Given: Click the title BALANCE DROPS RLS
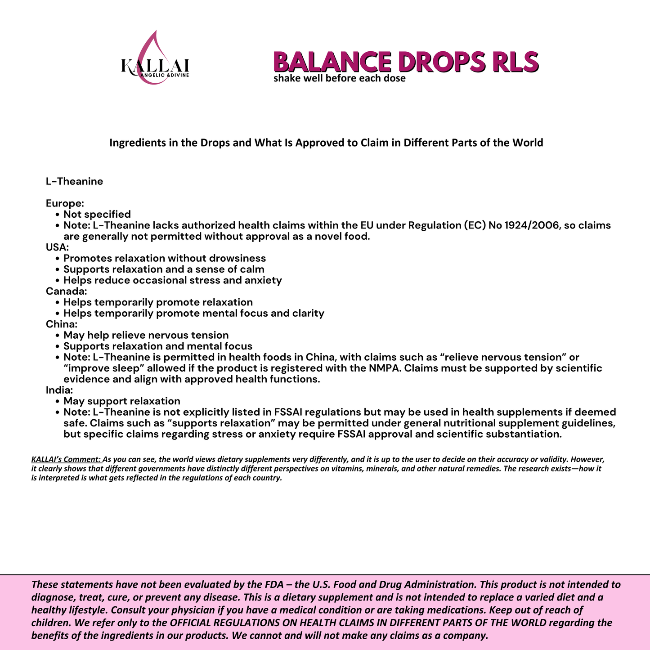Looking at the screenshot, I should click(406, 62).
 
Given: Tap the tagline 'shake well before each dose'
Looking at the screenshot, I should click(339, 79).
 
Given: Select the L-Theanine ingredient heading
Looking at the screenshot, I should click(74, 181).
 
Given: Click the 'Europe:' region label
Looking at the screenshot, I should click(65, 203).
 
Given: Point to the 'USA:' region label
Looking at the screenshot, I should click(57, 247).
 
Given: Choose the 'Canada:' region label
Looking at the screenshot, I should click(66, 291).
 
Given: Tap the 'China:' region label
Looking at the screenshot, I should click(62, 324).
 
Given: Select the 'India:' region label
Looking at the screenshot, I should click(59, 390).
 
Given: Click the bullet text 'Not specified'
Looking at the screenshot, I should click(97, 214).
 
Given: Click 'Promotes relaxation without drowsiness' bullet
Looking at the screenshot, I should click(165, 258).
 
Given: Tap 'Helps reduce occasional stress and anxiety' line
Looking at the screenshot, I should click(172, 280).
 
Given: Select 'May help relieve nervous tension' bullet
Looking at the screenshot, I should click(146, 335).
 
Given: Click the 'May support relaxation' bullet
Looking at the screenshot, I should click(121, 401).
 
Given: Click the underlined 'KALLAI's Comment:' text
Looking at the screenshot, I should click(66, 460).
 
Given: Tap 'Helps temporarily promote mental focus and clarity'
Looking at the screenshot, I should click(193, 313).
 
